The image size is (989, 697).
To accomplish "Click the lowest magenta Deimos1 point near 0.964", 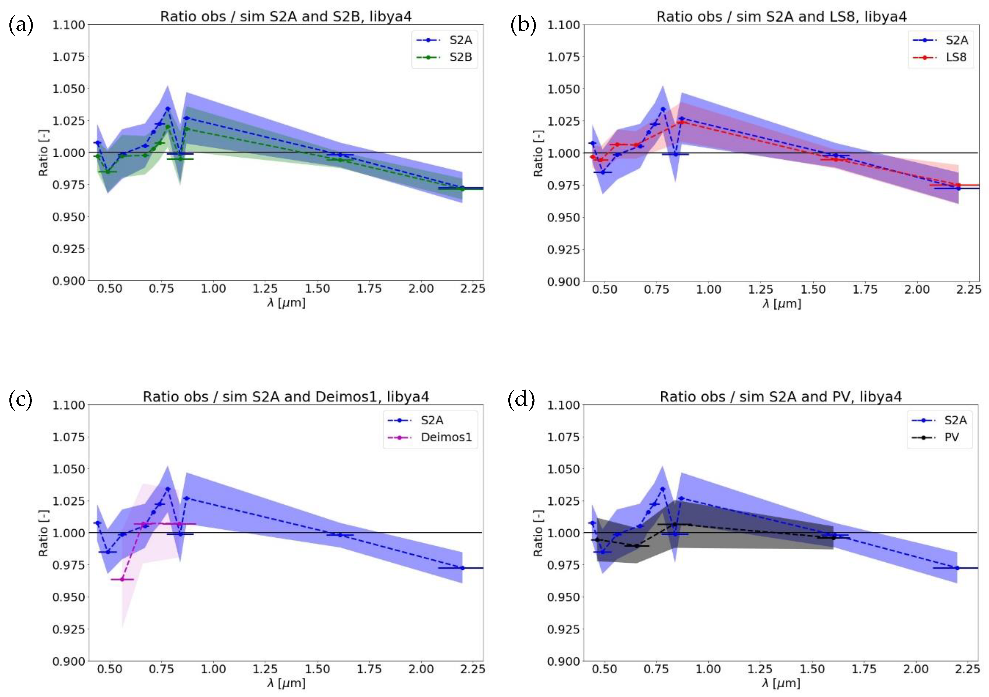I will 122,579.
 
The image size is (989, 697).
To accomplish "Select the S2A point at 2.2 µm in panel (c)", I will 462,568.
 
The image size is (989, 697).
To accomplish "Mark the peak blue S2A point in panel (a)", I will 167,108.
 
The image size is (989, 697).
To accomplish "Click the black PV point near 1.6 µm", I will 833,538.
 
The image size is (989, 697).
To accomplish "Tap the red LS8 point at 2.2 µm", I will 958,185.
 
